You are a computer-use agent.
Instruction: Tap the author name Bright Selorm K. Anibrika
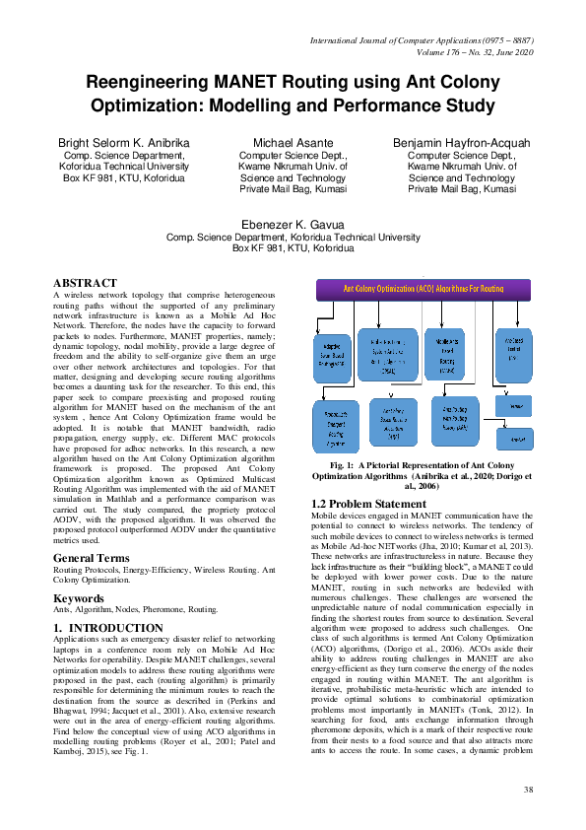pos(125,143)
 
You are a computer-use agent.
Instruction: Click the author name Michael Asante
pos(293,143)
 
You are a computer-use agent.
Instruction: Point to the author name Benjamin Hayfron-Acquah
pos(461,143)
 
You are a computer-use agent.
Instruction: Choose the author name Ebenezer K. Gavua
pos(293,225)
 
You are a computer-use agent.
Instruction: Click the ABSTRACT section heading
pos(85,283)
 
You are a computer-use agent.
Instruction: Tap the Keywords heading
pos(80,597)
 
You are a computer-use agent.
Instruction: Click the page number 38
pos(528,790)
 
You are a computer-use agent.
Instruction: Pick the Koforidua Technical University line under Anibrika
pos(125,167)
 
